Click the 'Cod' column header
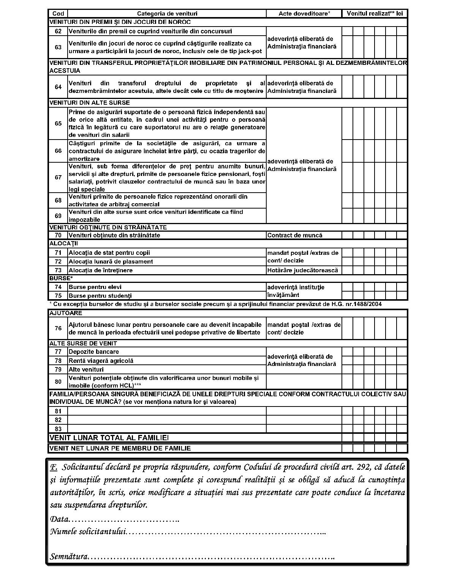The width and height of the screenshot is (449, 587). [58, 14]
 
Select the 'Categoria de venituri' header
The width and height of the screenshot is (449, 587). [167, 14]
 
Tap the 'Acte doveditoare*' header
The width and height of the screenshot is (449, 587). [304, 14]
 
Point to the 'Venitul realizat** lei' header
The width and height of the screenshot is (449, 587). [375, 14]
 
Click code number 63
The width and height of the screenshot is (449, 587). [58, 47]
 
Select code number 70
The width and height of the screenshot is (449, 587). [58, 235]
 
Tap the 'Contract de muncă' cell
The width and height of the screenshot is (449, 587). [295, 235]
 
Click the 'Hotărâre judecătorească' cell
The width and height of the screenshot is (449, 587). [303, 270]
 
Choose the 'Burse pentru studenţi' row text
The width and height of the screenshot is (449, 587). [100, 296]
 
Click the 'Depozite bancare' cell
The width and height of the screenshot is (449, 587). [94, 352]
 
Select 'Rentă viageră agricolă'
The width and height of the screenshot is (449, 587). [101, 361]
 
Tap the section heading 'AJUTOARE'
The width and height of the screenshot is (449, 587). [66, 313]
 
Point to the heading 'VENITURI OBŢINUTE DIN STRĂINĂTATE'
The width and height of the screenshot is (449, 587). [108, 228]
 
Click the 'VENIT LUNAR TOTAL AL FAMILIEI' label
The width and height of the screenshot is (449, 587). [109, 438]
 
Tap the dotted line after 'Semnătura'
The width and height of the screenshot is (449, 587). [211, 557]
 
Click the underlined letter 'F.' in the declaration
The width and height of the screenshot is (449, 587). [54, 467]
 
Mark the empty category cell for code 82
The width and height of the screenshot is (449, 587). [167, 420]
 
